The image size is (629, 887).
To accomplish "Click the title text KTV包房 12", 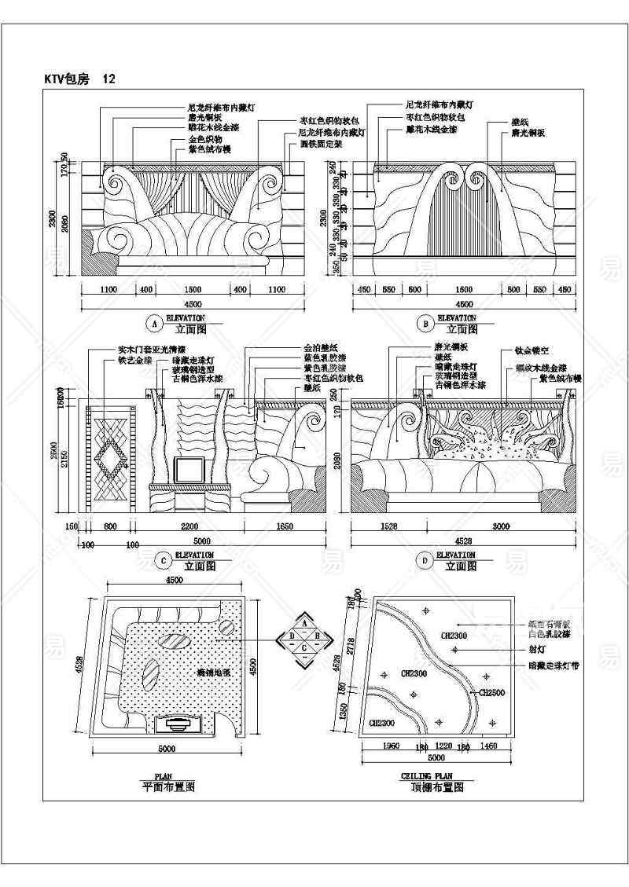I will [81, 79].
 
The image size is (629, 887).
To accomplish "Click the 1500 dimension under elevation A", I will [193, 290].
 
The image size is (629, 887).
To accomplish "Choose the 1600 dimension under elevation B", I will [464, 290].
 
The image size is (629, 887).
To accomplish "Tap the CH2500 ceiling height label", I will [491, 693].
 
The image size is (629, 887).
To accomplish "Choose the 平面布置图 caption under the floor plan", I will [167, 786].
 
